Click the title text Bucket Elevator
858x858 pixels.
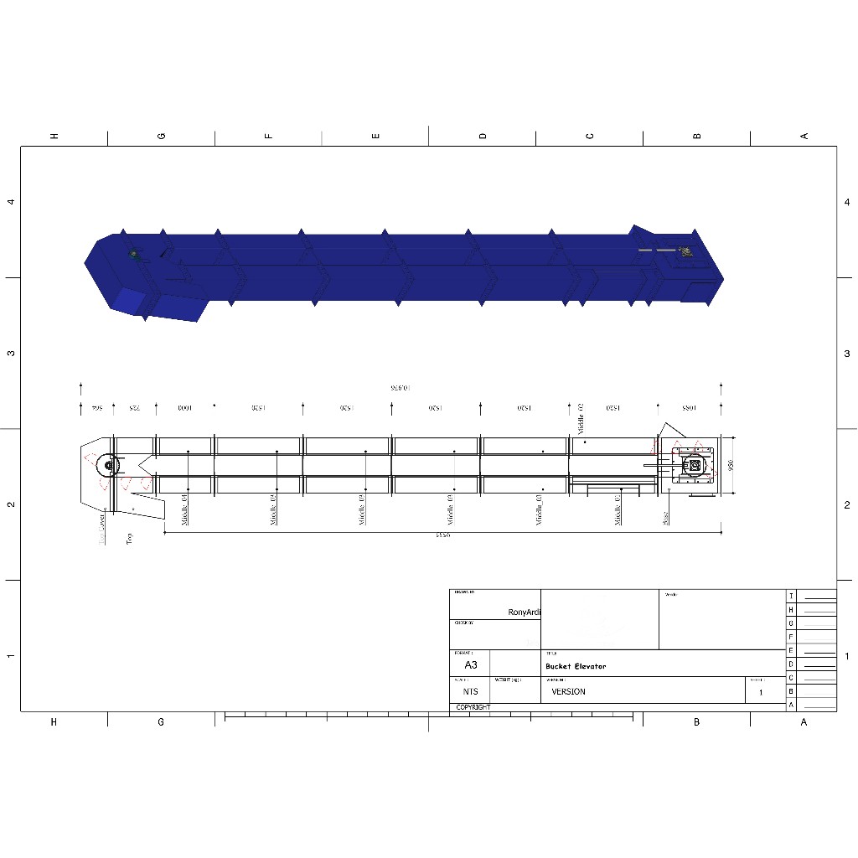tap(576, 666)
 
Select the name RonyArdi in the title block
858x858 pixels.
tap(525, 612)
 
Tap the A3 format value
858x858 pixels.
tap(470, 664)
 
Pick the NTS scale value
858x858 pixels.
tap(470, 692)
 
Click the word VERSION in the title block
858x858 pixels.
tap(569, 692)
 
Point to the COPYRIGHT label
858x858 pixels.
tap(473, 707)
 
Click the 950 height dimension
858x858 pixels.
tap(731, 466)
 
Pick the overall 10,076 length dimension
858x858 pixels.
tap(403, 388)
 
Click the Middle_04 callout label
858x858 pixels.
tap(185, 509)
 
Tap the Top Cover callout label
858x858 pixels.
tap(102, 530)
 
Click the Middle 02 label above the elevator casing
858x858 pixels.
tap(581, 416)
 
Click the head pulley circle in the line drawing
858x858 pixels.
tap(107, 465)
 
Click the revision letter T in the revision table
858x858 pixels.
tap(791, 596)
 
